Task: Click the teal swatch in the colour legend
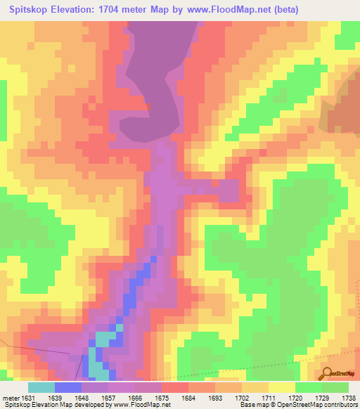(x=41, y=387)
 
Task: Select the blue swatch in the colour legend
(x=68, y=387)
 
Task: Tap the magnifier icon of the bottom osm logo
(x=328, y=372)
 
